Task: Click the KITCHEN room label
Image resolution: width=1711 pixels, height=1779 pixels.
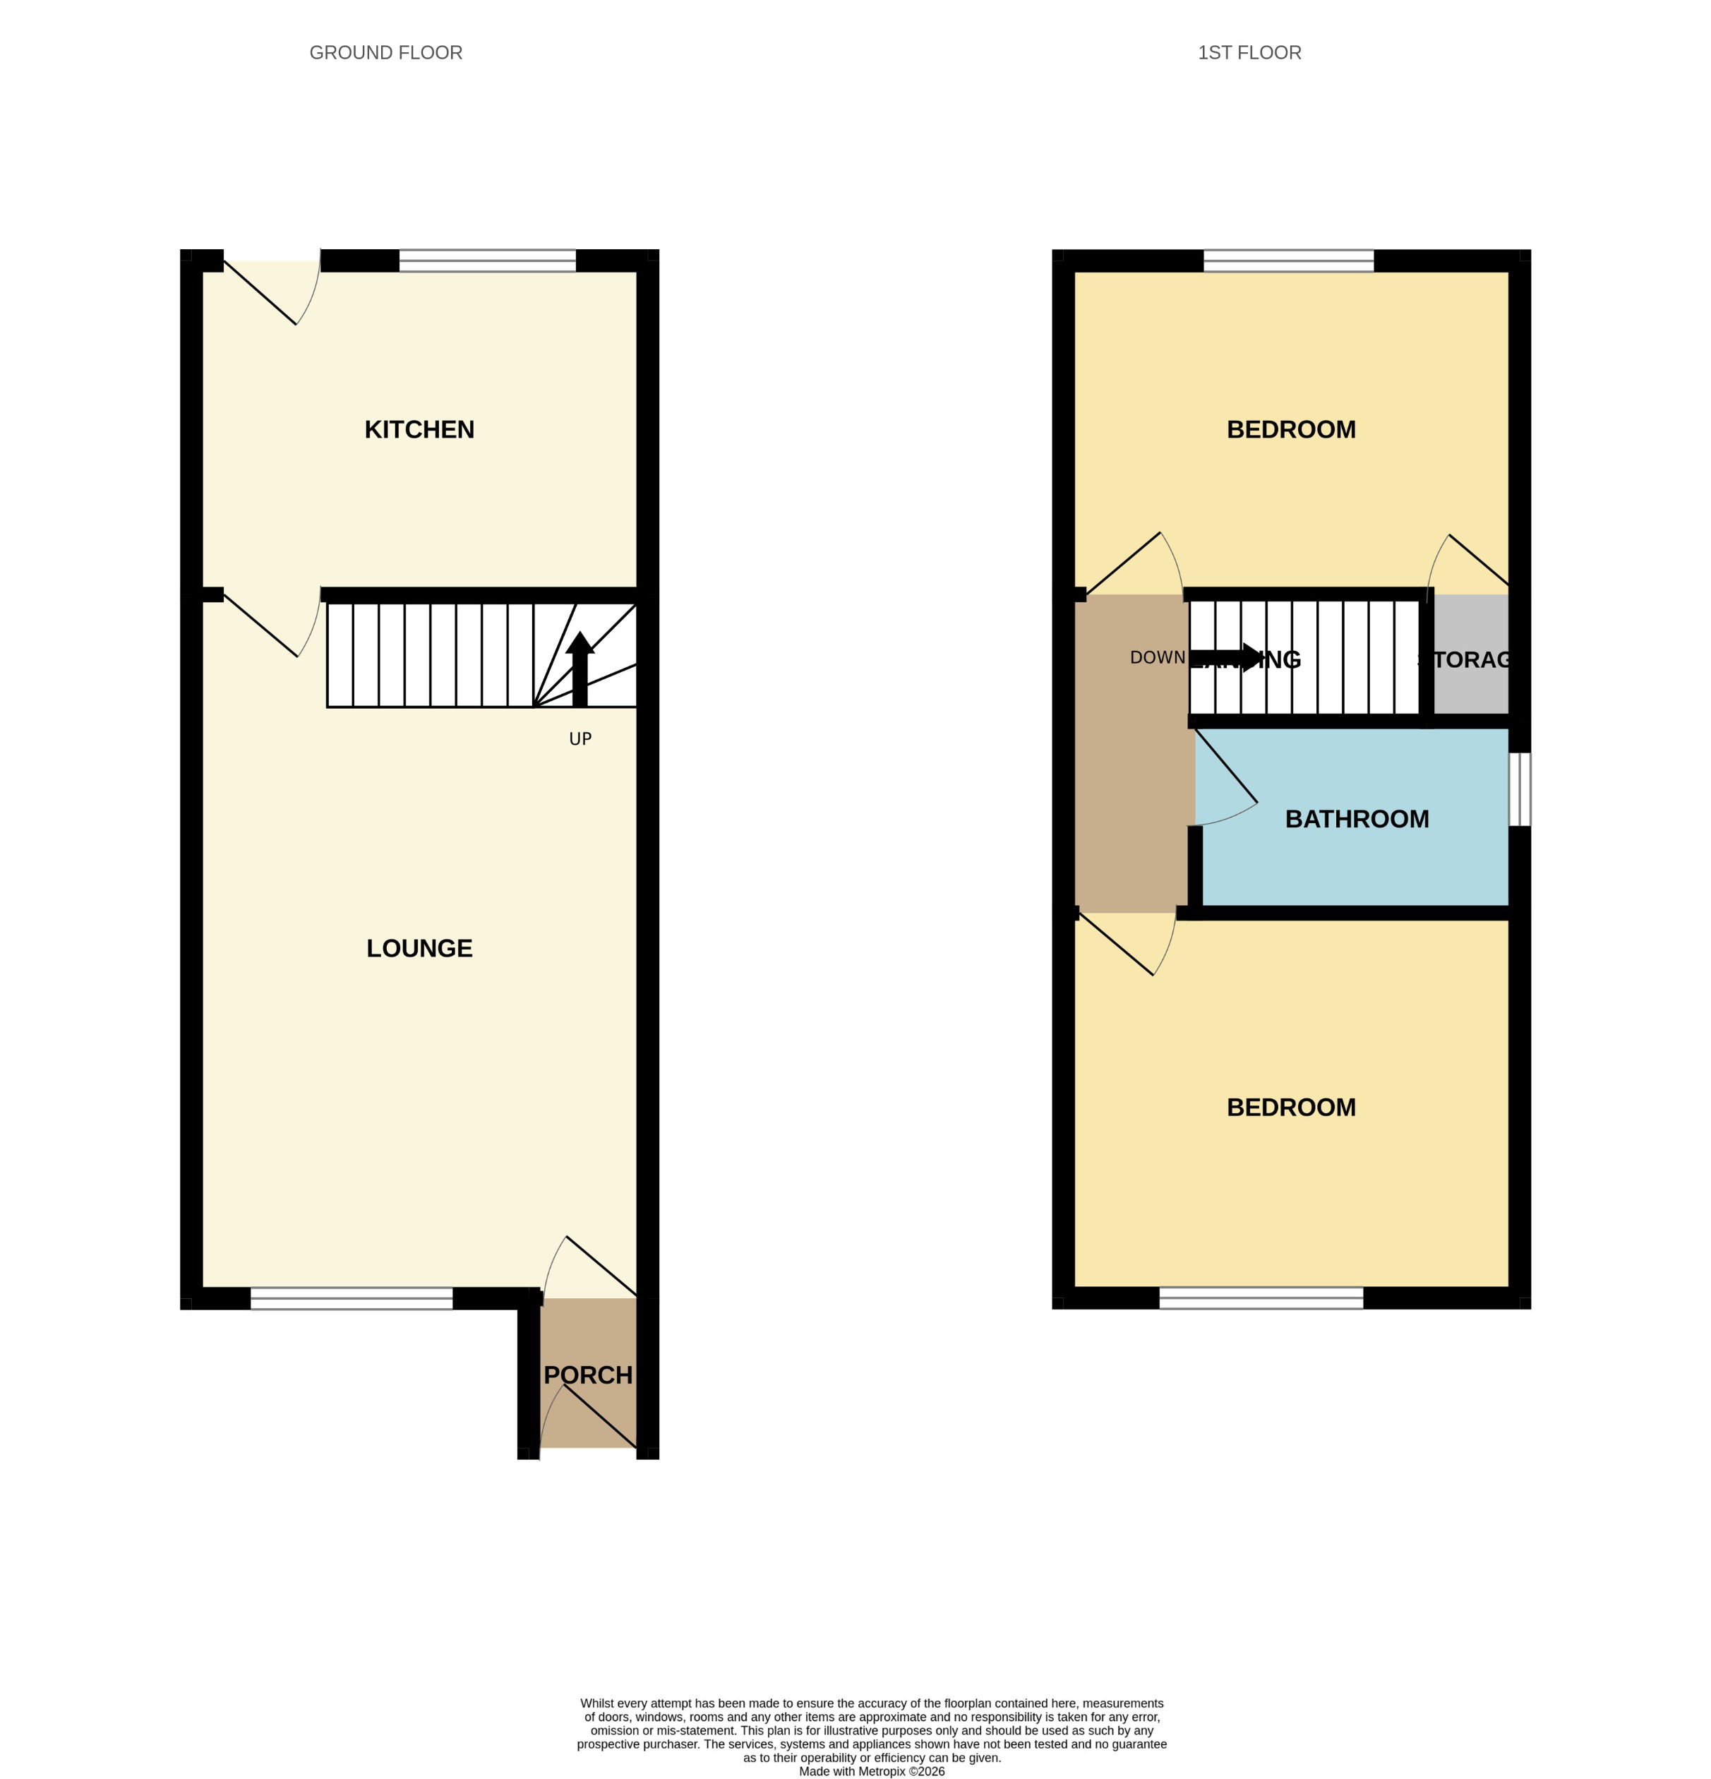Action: coord(419,429)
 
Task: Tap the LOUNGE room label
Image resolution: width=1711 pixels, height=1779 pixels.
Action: coord(419,949)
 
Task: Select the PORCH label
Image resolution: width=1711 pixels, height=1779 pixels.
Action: coord(587,1375)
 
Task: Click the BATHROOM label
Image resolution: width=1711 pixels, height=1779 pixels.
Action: coord(1356,819)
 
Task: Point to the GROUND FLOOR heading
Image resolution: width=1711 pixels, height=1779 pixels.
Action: coord(386,53)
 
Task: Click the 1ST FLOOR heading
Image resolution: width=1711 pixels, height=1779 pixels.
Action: coord(1249,53)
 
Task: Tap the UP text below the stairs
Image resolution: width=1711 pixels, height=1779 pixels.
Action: coord(580,739)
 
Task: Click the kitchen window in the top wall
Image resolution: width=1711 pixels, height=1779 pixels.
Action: coord(488,260)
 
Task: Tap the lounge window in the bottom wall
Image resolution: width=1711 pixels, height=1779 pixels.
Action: coord(352,1298)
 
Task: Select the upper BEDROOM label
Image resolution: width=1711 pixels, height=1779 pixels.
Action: coord(1291,429)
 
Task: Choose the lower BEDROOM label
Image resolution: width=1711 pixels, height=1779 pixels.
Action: coord(1291,1108)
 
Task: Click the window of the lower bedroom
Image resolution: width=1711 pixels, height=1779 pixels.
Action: coord(1261,1298)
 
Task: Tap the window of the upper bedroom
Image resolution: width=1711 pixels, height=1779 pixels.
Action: coord(1288,260)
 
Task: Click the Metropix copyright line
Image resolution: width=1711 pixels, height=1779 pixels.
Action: coord(872,1771)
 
